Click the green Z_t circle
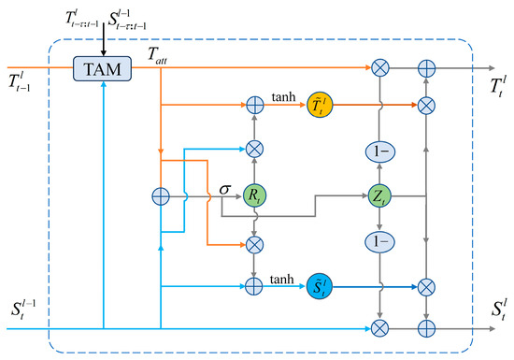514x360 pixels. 379,195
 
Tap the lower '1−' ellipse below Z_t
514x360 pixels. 379,241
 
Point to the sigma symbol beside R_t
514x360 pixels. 225,190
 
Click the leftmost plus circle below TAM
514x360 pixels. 160,195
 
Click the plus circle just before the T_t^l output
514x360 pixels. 426,68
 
